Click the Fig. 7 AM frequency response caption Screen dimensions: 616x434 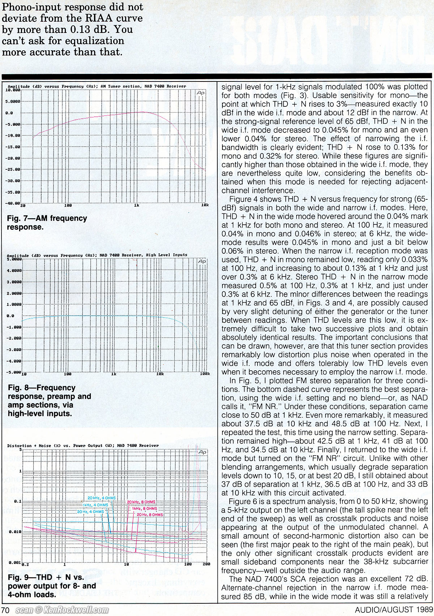pyautogui.click(x=47, y=223)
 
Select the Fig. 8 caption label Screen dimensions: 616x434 pyautogui.click(x=49, y=401)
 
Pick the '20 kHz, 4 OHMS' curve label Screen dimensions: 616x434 pyautogui.click(x=102, y=498)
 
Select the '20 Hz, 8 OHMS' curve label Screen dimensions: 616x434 pyautogui.click(x=150, y=515)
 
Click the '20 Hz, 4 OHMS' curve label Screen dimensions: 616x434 pyautogui.click(x=90, y=512)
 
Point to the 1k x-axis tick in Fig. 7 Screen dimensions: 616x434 pyautogui.click(x=136, y=205)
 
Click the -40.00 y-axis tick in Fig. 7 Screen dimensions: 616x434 pyautogui.click(x=13, y=203)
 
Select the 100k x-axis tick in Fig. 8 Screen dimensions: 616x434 pyautogui.click(x=205, y=374)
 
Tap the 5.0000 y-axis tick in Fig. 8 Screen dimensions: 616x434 pyautogui.click(x=14, y=260)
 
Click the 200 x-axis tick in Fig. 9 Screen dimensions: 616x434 pyautogui.click(x=206, y=564)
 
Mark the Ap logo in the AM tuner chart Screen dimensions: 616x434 pyautogui.click(x=201, y=93)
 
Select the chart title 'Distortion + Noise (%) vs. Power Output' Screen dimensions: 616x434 pyautogui.click(x=83, y=446)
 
